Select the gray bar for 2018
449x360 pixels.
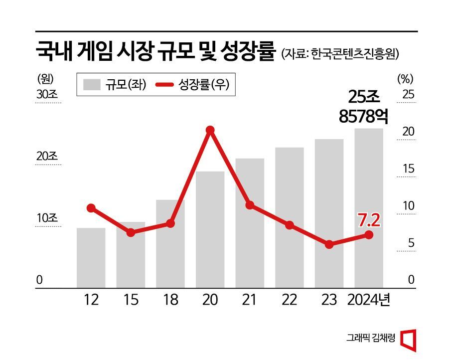click(170, 244)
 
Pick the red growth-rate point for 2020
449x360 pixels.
click(210, 130)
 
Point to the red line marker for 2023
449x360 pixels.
click(329, 244)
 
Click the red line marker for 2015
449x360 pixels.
click(131, 232)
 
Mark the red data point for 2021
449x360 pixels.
click(250, 205)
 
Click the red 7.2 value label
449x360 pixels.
click(369, 219)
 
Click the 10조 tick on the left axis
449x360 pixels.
click(47, 218)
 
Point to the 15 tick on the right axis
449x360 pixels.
click(409, 169)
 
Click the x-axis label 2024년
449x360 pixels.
click(369, 300)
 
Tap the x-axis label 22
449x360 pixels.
click(289, 300)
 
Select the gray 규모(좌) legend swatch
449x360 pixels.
click(91, 85)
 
